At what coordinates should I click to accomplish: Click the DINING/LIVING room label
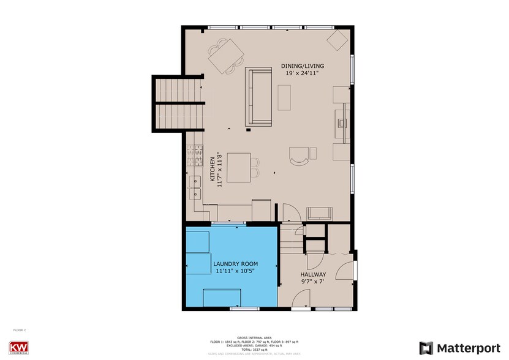click(302, 66)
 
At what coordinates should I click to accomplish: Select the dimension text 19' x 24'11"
click(302, 73)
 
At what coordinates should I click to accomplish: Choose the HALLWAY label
click(313, 275)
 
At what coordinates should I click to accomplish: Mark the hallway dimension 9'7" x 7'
click(313, 282)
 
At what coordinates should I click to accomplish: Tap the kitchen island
click(238, 167)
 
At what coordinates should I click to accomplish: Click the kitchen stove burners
click(198, 155)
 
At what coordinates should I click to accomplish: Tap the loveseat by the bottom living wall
click(320, 213)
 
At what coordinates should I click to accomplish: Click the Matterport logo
click(459, 348)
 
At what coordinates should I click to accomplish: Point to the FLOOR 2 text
click(20, 330)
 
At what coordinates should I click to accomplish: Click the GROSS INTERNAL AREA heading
click(254, 337)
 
